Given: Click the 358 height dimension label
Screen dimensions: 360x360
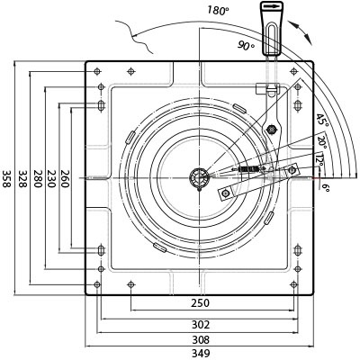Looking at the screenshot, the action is tap(6, 179).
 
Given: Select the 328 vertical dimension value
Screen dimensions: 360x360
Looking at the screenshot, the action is tap(22, 179).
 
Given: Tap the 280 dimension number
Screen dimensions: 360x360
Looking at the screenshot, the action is tap(37, 179).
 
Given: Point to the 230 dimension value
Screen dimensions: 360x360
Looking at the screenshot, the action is tap(51, 179).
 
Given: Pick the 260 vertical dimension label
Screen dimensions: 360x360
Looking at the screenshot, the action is tap(65, 179).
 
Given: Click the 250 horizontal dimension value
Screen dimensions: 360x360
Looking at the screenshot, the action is tap(201, 303).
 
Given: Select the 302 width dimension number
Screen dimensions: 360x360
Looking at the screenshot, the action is tap(201, 325).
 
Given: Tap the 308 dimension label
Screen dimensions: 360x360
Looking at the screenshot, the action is tap(201, 340).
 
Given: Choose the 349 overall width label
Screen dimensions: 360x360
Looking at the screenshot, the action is tap(201, 354).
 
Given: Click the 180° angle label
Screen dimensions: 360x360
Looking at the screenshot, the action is tap(218, 11).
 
